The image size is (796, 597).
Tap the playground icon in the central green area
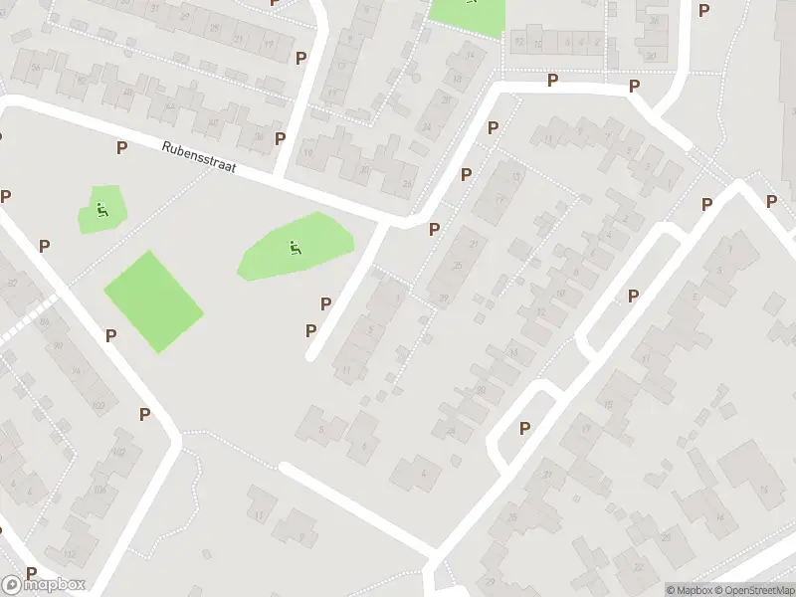[x=295, y=247]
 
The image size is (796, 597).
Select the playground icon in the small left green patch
[x=100, y=209]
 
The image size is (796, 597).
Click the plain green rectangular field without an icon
[x=153, y=300]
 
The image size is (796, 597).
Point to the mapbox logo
[x=44, y=585]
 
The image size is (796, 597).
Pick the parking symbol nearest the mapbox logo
[x=32, y=573]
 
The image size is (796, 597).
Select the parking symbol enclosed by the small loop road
[x=524, y=428]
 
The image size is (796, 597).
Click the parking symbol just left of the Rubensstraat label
[x=121, y=147]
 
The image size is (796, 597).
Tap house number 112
[x=69, y=554]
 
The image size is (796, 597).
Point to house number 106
[x=99, y=489]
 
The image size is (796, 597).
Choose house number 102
[x=118, y=452]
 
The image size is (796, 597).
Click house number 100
[x=98, y=405]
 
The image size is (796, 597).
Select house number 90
[x=58, y=345]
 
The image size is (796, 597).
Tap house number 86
[x=42, y=319]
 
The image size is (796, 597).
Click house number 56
[x=35, y=67]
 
